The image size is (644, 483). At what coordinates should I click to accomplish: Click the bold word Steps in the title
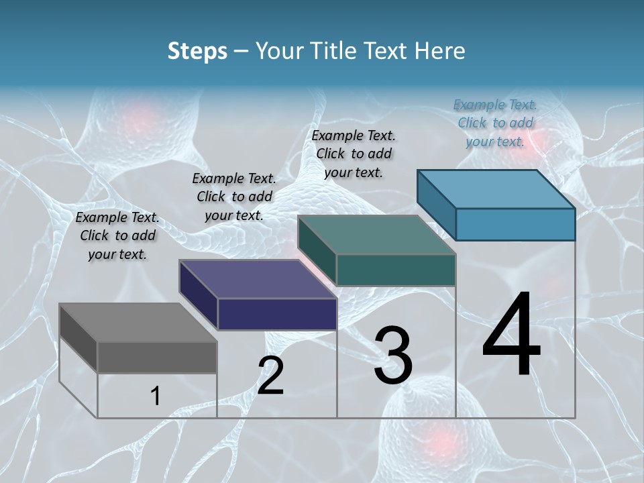[197, 52]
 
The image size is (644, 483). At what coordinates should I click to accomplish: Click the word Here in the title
[439, 51]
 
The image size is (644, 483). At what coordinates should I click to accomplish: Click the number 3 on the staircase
[393, 355]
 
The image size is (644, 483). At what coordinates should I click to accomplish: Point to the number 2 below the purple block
[270, 375]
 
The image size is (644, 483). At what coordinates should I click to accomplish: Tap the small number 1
[155, 396]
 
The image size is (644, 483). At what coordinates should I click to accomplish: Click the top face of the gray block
[138, 323]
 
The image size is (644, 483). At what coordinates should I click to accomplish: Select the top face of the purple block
[258, 279]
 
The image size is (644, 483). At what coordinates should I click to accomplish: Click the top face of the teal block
[376, 235]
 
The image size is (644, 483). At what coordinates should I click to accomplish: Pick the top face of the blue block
[496, 189]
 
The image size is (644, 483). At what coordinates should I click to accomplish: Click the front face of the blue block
[515, 224]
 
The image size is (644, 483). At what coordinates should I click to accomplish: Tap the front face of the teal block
[396, 270]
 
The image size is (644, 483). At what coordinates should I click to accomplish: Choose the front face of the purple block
[277, 314]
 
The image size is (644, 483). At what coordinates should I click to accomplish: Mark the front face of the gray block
[157, 357]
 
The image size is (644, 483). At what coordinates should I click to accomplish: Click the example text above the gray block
[117, 235]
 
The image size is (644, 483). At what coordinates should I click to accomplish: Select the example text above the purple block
[234, 197]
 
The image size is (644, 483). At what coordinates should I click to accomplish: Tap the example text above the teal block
[354, 154]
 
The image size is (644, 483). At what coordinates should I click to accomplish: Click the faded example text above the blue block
[495, 123]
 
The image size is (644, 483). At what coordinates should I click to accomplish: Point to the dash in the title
[241, 52]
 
